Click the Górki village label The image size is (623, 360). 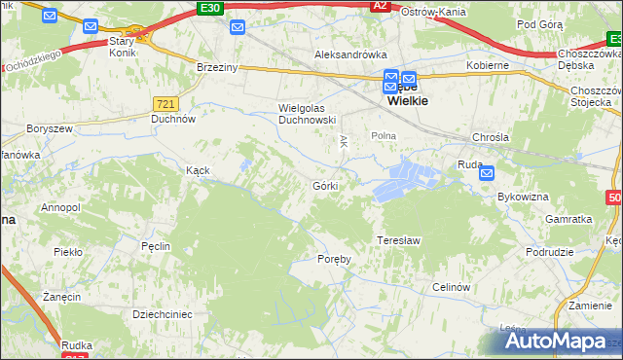click(325, 185)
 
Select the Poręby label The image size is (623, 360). click(334, 259)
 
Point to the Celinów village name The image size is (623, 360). click(452, 287)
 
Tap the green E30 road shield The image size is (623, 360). click(208, 7)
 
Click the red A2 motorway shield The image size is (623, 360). click(381, 7)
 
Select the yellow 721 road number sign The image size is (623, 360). click(165, 102)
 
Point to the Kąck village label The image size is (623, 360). click(198, 169)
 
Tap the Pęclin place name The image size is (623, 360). click(156, 247)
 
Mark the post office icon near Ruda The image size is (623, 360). click(487, 173)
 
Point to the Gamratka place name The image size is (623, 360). click(569, 220)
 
